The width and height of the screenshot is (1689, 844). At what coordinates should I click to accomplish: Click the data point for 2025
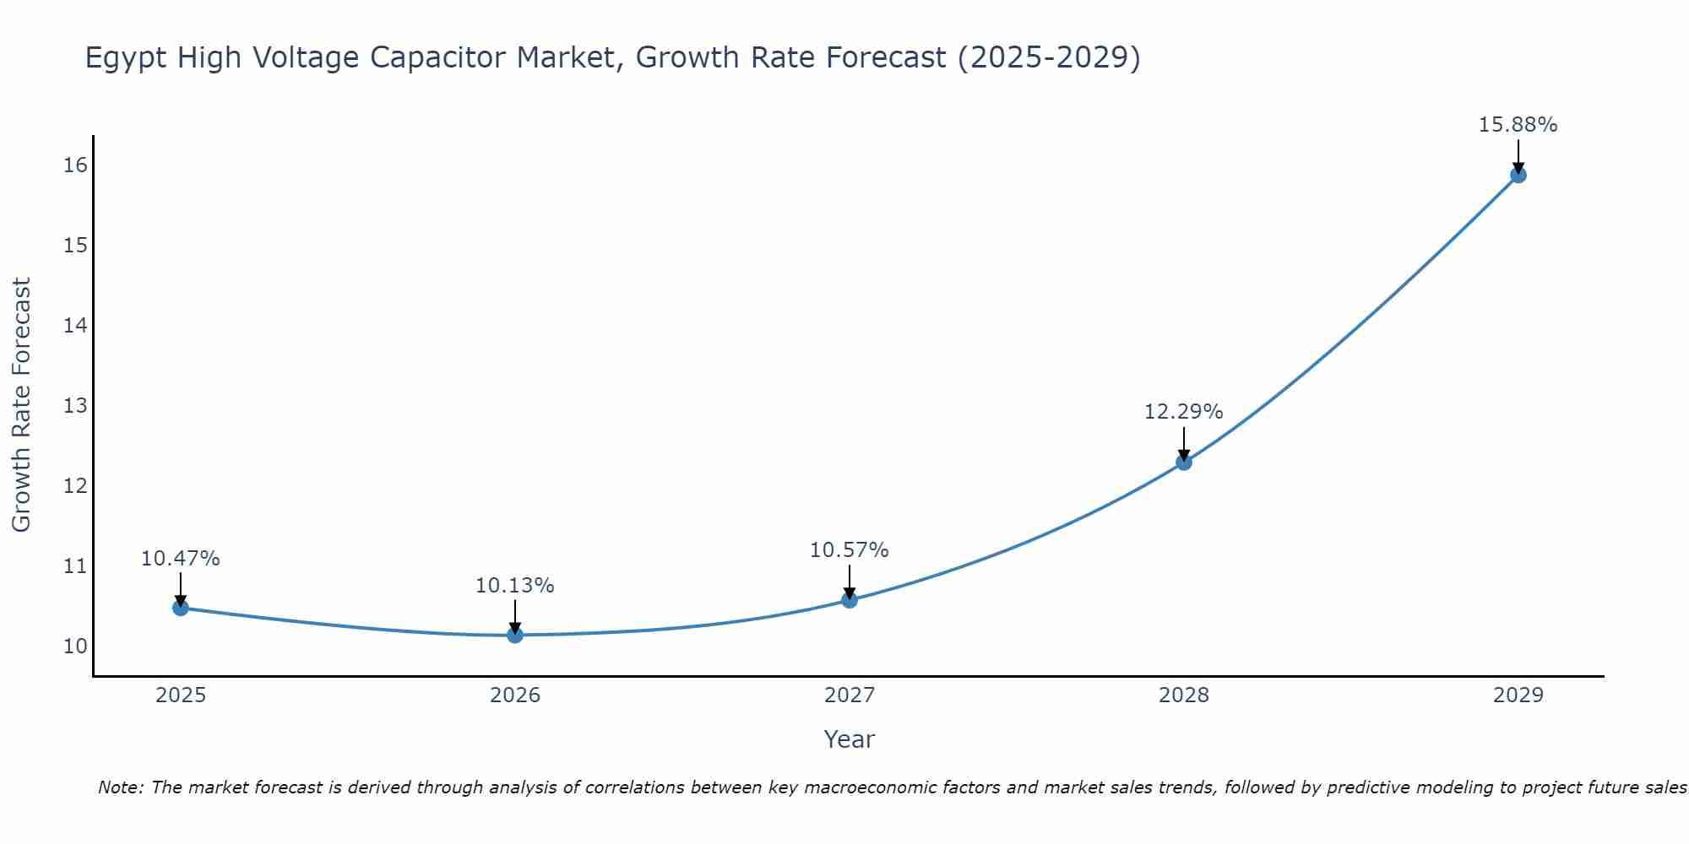(181, 608)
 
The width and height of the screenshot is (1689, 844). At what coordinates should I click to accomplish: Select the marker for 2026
(515, 635)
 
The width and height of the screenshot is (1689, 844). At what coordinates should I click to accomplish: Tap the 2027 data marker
(850, 600)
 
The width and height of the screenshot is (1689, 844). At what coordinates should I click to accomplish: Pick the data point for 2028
(1184, 462)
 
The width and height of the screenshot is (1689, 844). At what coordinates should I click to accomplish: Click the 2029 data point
(1518, 175)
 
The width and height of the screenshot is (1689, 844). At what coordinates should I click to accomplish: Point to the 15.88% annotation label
(1518, 125)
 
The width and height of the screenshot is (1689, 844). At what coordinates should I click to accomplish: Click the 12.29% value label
(1183, 412)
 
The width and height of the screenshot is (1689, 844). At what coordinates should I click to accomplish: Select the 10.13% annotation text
(514, 586)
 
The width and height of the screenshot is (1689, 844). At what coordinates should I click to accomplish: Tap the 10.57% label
(849, 550)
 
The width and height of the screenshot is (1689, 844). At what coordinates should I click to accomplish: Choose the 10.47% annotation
(180, 559)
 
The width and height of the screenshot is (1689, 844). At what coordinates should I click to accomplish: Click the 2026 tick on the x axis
(515, 695)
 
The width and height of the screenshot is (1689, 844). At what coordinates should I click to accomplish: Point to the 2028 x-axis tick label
(1184, 695)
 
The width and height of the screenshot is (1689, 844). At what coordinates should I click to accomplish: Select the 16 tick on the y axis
(75, 165)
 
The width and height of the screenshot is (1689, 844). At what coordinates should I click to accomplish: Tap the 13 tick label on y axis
(75, 406)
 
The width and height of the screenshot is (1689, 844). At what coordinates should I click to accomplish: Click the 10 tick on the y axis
(75, 647)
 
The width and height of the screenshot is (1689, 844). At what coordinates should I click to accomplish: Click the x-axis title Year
(849, 739)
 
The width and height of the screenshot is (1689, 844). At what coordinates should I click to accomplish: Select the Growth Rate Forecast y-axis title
(21, 405)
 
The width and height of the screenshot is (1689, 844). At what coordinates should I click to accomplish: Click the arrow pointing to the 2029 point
(1518, 155)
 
